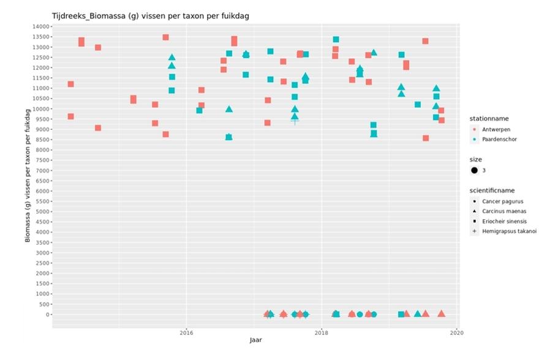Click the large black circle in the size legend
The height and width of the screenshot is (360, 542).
(x=475, y=170)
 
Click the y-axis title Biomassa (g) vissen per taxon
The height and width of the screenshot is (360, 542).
(x=28, y=176)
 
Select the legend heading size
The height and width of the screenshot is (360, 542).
(x=475, y=159)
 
